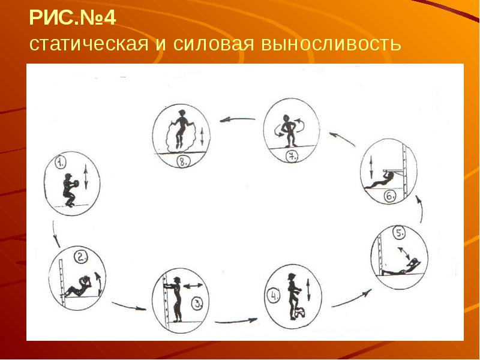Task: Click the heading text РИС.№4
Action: click(73, 18)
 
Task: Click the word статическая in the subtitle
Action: click(89, 44)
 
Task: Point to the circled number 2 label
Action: click(81, 257)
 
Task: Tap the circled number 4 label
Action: click(274, 296)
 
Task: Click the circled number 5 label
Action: click(399, 234)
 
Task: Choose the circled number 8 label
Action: click(183, 162)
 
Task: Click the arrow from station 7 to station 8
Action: click(237, 119)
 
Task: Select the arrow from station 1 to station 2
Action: click(55, 234)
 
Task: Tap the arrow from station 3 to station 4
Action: click(236, 321)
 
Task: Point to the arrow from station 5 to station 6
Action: click(421, 209)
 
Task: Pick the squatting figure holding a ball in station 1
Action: click(70, 190)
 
